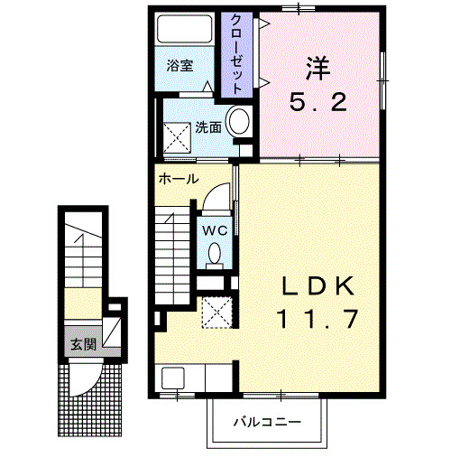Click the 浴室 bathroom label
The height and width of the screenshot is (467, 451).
(x=180, y=66)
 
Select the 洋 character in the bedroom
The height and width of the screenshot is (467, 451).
(x=316, y=65)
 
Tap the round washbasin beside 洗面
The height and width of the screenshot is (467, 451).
(x=239, y=122)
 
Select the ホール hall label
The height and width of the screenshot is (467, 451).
(x=179, y=179)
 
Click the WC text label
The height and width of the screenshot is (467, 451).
(x=215, y=230)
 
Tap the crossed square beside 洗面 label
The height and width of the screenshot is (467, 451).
(x=177, y=135)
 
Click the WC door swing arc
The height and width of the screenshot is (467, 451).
(x=213, y=197)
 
